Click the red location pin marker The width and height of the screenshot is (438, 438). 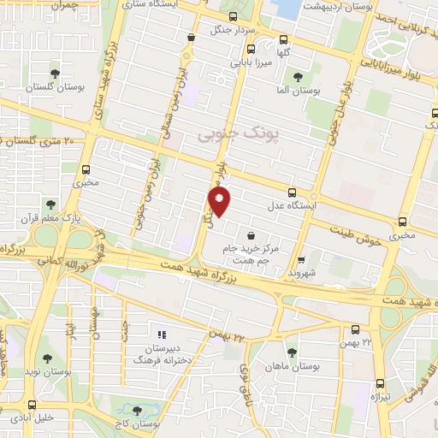click(220, 202)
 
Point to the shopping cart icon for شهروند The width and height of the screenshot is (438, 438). click(301, 261)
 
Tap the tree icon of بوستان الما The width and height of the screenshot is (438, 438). click(297, 77)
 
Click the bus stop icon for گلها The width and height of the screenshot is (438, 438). click(285, 38)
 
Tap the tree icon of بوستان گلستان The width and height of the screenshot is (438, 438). click(56, 74)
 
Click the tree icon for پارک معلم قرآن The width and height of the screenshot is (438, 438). click(50, 204)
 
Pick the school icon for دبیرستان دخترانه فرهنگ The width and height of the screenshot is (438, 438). click(160, 334)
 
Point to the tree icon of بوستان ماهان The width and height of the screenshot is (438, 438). click(292, 352)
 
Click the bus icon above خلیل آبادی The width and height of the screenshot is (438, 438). click(32, 405)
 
